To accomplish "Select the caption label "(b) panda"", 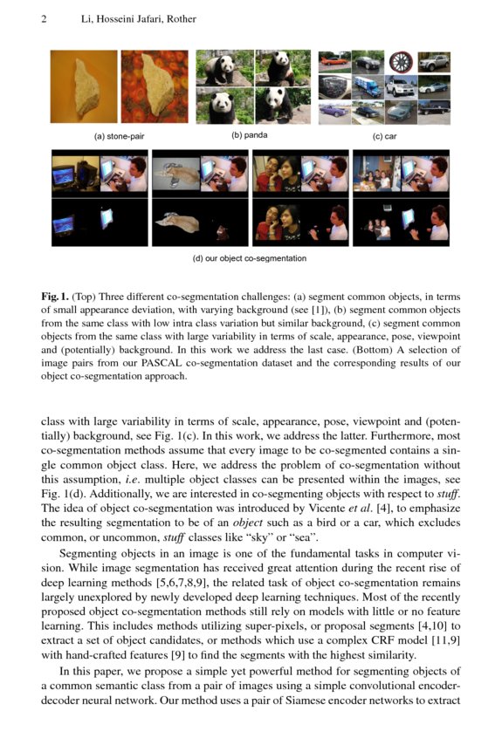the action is point(250,136).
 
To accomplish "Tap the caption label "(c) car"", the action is point(384,137).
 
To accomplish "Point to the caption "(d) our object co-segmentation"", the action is point(250,258).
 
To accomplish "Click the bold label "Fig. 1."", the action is point(54,297).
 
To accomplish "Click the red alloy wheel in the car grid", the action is point(401,61).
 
